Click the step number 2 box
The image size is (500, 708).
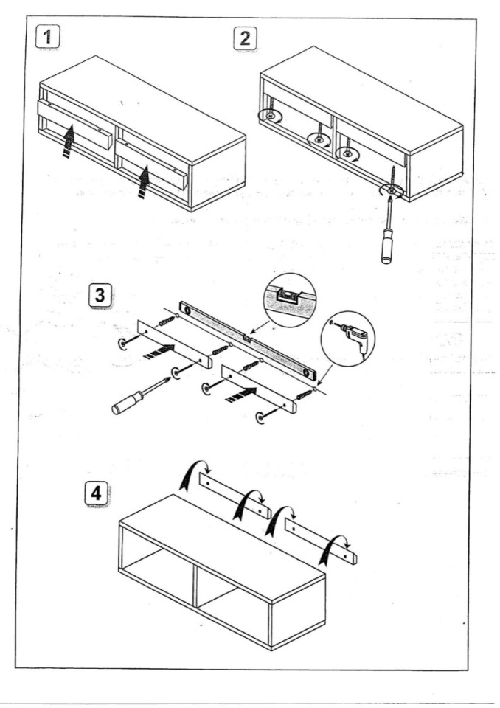244,38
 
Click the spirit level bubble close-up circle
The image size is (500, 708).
288,299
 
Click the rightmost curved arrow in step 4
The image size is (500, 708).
339,544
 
